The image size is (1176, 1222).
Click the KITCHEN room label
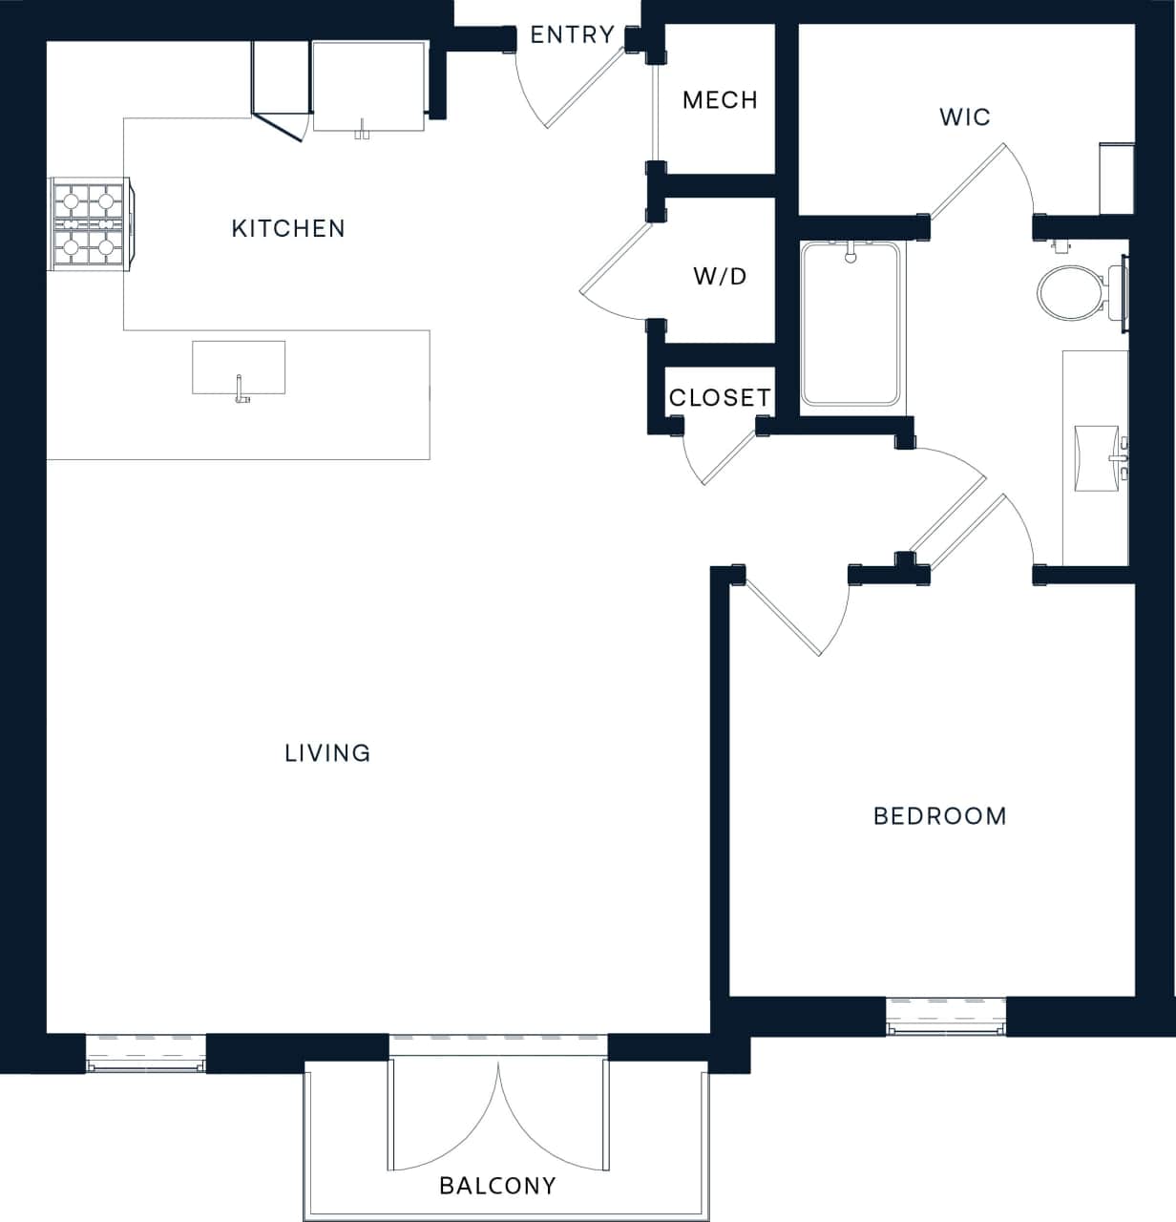(288, 228)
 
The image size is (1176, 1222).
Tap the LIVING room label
(327, 753)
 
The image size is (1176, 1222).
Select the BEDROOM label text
(940, 816)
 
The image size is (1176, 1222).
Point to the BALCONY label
(497, 1186)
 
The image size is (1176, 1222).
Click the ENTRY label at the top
(572, 35)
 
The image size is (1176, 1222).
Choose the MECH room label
(720, 100)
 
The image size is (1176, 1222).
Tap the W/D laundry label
(720, 277)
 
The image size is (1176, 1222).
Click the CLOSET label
(719, 398)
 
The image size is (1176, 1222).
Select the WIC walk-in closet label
(965, 117)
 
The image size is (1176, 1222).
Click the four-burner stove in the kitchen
(88, 225)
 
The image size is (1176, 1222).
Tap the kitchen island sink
(239, 369)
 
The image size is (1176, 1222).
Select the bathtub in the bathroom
(850, 325)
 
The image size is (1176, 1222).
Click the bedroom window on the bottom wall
(946, 1016)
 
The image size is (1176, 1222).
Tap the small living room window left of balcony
(146, 1053)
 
